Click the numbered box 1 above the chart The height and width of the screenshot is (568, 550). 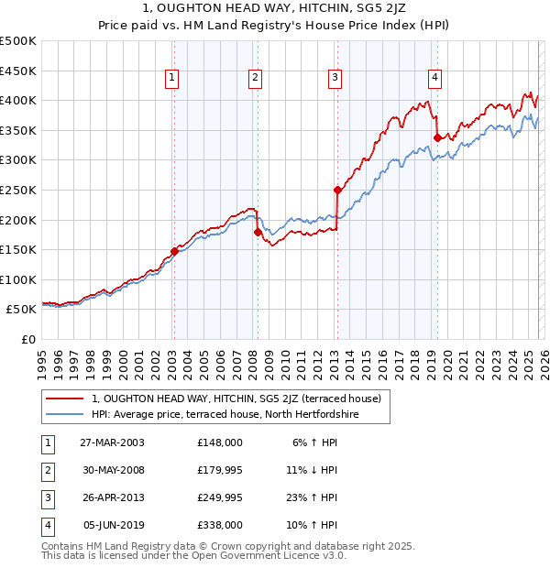(x=173, y=79)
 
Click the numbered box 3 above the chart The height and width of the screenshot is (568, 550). (x=335, y=79)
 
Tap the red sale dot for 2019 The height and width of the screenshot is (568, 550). (x=437, y=137)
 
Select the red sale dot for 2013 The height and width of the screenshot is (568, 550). (x=337, y=191)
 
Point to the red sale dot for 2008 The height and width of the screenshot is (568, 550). (x=258, y=232)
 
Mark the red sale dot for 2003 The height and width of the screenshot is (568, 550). (x=174, y=251)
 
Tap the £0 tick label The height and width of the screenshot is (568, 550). (x=27, y=340)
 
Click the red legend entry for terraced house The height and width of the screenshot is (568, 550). (x=242, y=399)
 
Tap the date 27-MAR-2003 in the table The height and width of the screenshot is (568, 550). (x=112, y=442)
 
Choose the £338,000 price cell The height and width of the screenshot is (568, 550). (x=220, y=526)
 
